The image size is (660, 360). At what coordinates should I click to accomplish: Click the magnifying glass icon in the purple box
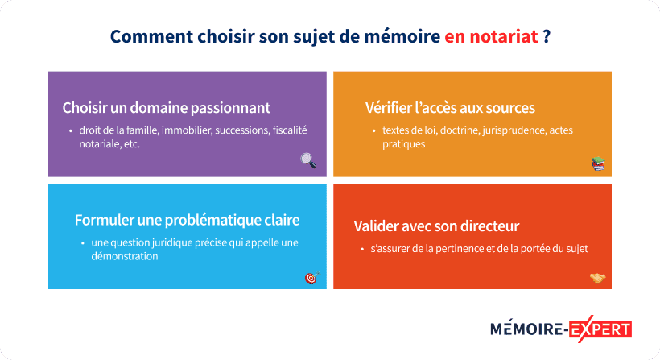308,160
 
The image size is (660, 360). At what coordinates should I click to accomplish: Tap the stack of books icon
597,164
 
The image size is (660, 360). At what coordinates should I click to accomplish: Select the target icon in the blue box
311,278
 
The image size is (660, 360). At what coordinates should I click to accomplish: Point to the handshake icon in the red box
597,279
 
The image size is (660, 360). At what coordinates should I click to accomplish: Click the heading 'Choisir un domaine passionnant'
167,108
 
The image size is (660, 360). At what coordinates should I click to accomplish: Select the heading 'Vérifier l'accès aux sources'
450,108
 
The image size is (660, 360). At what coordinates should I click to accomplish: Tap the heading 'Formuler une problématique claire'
187,220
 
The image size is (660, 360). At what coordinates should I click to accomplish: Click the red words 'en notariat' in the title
491,37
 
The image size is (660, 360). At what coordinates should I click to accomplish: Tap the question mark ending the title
547,37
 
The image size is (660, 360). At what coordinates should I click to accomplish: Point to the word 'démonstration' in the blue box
124,256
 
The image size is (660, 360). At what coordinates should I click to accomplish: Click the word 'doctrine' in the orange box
457,130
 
